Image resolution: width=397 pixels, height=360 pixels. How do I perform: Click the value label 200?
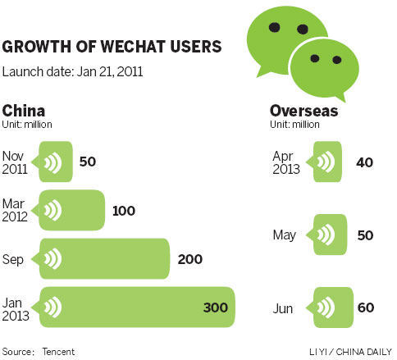(189, 260)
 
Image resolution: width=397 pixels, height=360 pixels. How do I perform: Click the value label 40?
(365, 162)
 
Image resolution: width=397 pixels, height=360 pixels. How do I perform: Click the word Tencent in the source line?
(58, 351)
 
